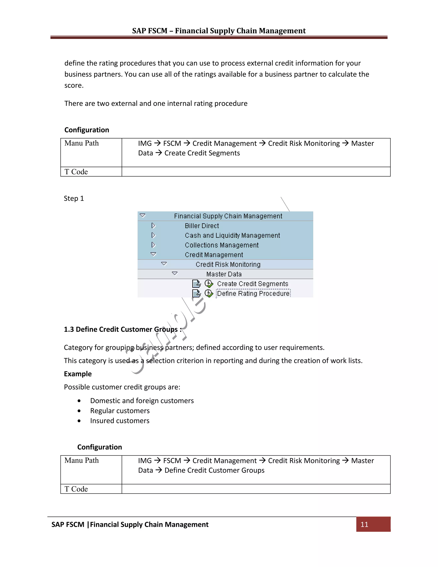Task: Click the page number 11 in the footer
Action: (x=364, y=524)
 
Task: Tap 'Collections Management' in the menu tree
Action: (x=222, y=245)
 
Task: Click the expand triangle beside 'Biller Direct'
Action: (x=153, y=225)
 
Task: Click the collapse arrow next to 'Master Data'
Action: (x=175, y=273)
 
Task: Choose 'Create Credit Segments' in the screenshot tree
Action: (x=253, y=283)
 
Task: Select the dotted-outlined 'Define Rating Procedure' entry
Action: (x=253, y=293)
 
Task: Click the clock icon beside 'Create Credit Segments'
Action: (x=209, y=283)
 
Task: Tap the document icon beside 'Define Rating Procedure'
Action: (x=196, y=293)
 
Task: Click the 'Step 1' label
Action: (x=74, y=198)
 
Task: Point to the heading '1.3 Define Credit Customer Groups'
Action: (x=123, y=329)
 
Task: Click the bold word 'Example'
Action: (x=78, y=374)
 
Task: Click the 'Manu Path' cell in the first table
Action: (x=81, y=143)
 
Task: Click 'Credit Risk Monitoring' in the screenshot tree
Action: (x=228, y=264)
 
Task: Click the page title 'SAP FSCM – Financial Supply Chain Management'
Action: (x=219, y=31)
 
